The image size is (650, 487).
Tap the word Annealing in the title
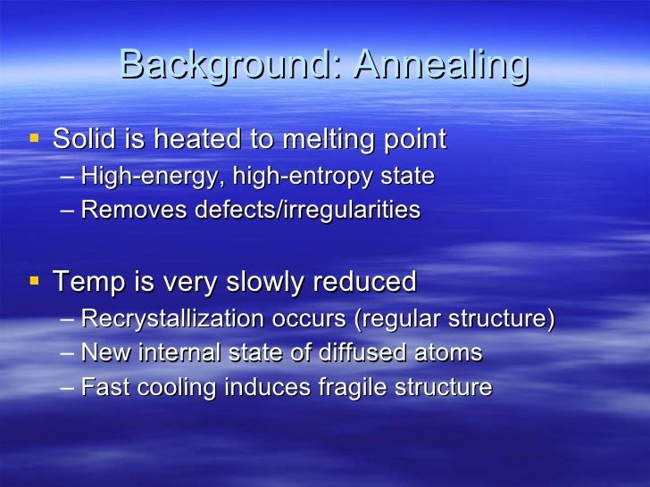point(441,65)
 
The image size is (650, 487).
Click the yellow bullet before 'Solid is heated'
point(34,138)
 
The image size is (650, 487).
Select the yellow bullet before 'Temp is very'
point(34,281)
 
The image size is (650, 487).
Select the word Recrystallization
point(172,318)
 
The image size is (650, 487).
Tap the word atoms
point(452,353)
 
